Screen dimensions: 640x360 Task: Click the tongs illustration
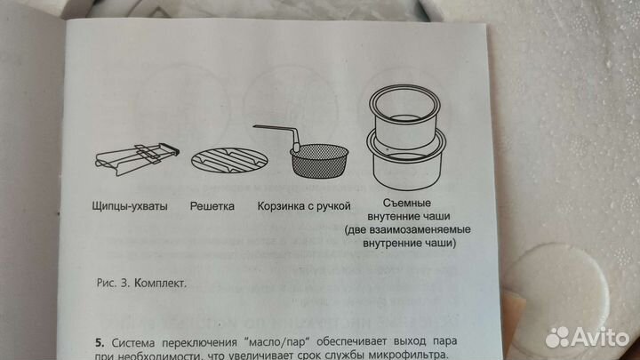click(x=137, y=159)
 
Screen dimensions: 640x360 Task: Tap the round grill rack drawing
click(x=230, y=160)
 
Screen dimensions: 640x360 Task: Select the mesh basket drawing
click(x=319, y=160)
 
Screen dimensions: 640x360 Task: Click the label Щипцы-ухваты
click(x=130, y=206)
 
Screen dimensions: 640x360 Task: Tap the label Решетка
click(x=212, y=206)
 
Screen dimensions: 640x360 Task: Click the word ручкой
click(x=335, y=206)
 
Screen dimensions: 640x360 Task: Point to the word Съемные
click(x=407, y=203)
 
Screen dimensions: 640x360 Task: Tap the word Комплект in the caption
click(x=160, y=284)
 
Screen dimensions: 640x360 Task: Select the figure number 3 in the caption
click(x=124, y=283)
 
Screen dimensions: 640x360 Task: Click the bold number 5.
click(x=100, y=342)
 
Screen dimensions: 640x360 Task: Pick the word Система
click(x=132, y=342)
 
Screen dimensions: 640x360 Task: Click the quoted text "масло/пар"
click(x=276, y=341)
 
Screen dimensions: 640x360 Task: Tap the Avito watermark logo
click(x=588, y=338)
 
